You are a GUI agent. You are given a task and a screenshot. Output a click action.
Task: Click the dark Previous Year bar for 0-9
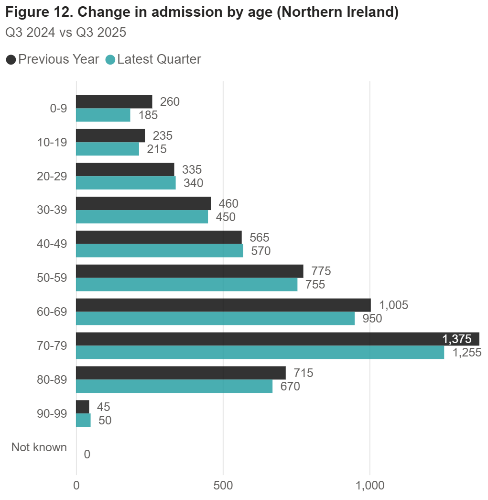[114, 101]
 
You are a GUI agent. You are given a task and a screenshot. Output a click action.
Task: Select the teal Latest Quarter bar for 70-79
[260, 352]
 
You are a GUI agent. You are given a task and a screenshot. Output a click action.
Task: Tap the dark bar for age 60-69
[223, 305]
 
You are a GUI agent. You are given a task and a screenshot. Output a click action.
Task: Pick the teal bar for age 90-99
[83, 420]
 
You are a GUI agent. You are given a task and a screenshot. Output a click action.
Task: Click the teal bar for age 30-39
[142, 217]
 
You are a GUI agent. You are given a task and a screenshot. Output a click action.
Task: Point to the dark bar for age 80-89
[181, 373]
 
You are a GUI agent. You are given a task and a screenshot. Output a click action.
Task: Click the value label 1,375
[457, 339]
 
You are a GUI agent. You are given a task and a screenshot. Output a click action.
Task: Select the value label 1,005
[393, 305]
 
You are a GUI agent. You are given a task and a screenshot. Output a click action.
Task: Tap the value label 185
[148, 115]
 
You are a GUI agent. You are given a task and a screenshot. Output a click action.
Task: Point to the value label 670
[290, 386]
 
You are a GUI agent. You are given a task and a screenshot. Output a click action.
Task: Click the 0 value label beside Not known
[87, 454]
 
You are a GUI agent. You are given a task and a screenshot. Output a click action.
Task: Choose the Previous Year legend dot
[11, 60]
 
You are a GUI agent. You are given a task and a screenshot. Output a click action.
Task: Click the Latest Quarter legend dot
[110, 60]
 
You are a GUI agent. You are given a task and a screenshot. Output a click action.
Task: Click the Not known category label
[39, 447]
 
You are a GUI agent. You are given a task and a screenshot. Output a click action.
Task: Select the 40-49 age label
[52, 244]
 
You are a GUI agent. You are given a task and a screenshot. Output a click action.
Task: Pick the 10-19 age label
[52, 142]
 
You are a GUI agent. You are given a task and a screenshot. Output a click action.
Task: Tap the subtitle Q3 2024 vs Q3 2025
[65, 33]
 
